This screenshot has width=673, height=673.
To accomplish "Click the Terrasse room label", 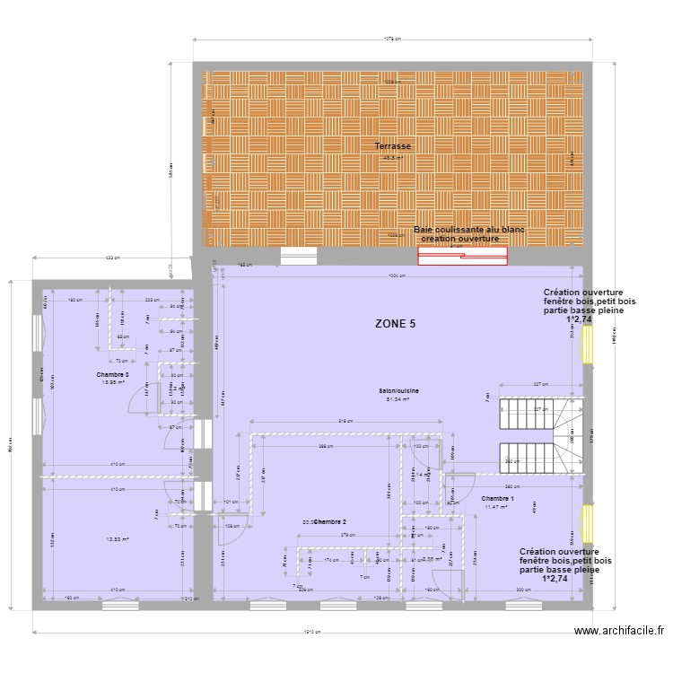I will [x=393, y=145].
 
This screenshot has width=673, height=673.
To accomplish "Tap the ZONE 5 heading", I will [x=396, y=324].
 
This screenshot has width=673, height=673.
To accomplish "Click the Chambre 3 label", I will [x=114, y=374].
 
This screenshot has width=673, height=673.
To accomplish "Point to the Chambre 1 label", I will [x=498, y=498].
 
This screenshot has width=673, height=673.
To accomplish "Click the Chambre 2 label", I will [x=329, y=521].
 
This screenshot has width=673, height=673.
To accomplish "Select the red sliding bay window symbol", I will [x=462, y=257].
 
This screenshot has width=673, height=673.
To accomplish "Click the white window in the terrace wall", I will [x=299, y=256].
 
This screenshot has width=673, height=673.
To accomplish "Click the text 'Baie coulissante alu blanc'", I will [x=468, y=231].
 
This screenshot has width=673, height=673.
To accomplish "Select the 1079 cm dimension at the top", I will [x=391, y=39].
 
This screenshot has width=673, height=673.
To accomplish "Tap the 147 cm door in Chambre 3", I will [x=147, y=398].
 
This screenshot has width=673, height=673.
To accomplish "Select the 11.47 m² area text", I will [x=496, y=507].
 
